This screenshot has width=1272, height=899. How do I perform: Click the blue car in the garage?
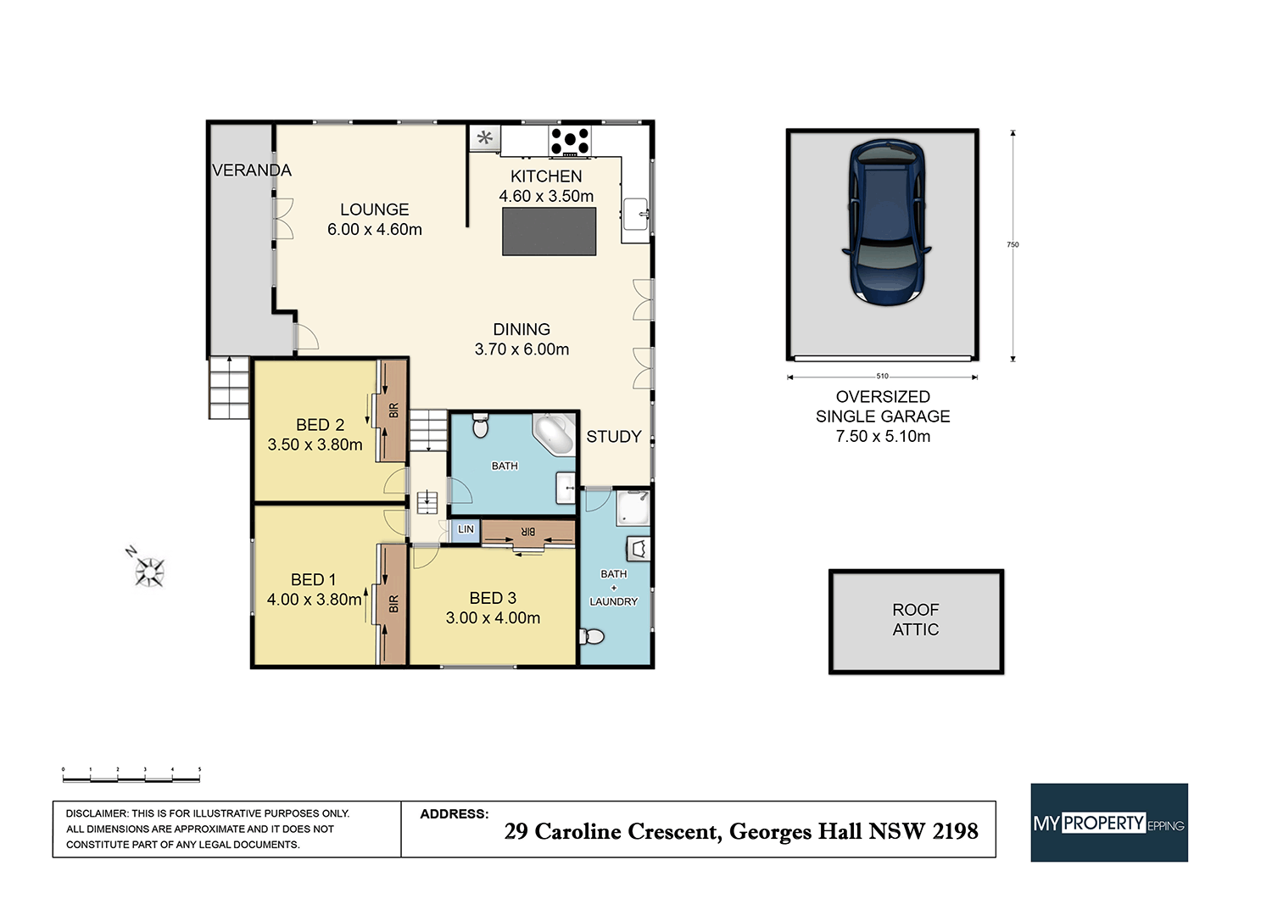[886, 222]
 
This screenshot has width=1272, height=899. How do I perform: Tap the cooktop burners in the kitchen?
[570, 140]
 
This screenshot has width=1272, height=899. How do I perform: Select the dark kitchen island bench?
[550, 232]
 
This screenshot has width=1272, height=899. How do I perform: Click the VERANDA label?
[252, 170]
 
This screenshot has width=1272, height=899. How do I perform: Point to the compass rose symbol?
[150, 572]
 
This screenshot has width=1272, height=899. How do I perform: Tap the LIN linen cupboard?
[466, 530]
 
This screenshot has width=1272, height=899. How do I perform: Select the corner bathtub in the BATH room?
[555, 435]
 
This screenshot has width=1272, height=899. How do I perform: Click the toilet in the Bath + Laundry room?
[593, 636]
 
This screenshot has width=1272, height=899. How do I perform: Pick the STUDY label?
[614, 437]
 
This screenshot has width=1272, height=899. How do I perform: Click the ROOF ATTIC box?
[916, 621]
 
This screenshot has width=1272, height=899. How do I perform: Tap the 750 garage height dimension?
[1013, 245]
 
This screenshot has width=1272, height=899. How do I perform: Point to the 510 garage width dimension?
[882, 377]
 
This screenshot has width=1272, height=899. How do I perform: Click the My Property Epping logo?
[1108, 823]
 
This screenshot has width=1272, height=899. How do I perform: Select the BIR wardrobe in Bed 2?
[393, 410]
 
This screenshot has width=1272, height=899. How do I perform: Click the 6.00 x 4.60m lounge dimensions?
[375, 230]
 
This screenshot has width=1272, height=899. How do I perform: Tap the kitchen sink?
[636, 214]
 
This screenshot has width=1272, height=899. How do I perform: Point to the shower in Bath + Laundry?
[633, 507]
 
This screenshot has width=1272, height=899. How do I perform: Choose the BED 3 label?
[493, 599]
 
